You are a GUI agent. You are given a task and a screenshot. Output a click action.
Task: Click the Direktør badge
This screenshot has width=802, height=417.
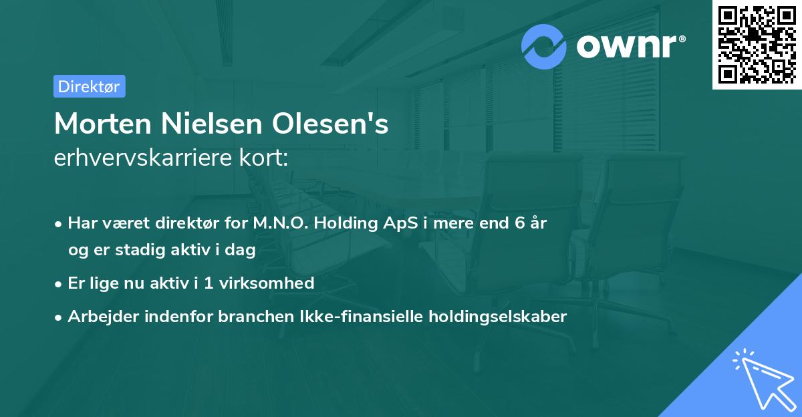(x=89, y=86)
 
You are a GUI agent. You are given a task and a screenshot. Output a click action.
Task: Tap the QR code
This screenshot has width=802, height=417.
(x=757, y=44)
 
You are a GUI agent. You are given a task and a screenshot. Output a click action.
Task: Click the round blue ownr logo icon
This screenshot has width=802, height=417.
(x=544, y=46)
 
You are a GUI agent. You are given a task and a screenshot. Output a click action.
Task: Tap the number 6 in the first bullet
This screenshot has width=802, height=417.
(x=519, y=223)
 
